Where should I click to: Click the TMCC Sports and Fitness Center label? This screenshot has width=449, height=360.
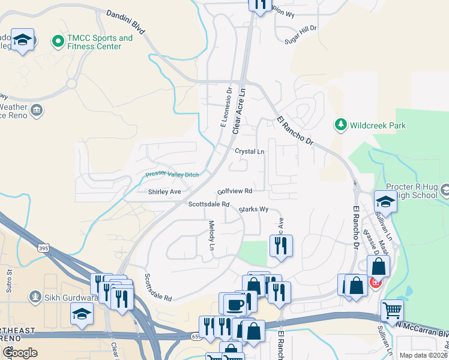tap(100, 42)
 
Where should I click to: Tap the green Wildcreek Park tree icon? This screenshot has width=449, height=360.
tap(341, 125)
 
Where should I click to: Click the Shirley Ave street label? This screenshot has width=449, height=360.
tap(164, 192)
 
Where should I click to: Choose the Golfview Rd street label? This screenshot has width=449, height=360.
tap(235, 190)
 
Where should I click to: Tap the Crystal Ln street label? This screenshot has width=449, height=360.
tap(249, 152)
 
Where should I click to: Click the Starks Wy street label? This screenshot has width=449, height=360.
tap(253, 209)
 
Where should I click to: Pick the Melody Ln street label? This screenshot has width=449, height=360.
tap(211, 235)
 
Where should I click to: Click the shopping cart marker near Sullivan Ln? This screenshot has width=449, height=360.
tap(392, 311)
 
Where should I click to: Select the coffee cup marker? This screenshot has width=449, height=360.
tap(234, 304)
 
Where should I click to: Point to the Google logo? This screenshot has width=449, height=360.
tap(20, 353)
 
